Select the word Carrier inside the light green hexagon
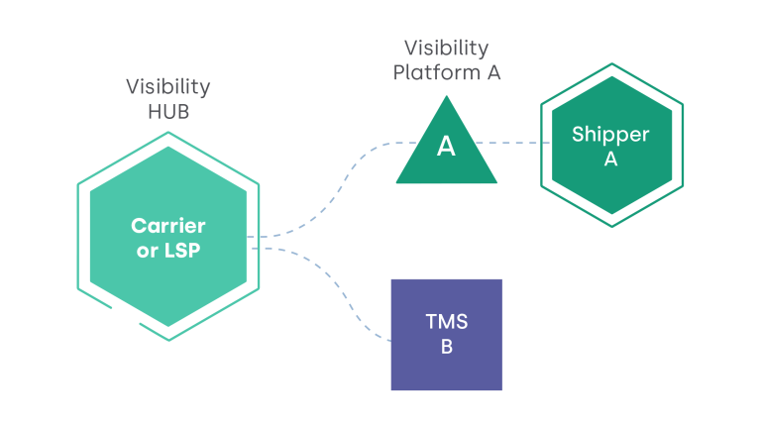pos(168,226)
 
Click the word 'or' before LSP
pos(147,251)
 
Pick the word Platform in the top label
pos(428,72)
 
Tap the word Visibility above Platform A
pos(446,48)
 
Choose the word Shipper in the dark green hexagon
pos(610,134)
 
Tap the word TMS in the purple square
pos(446,322)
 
